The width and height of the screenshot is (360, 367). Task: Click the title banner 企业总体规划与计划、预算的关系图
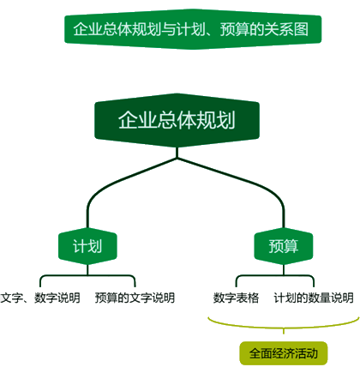[193, 29]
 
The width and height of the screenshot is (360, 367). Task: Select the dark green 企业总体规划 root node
[177, 120]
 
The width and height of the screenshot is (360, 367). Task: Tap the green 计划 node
[87, 246]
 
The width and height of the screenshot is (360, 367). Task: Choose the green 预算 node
[284, 246]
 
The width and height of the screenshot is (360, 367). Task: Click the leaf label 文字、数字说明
[40, 298]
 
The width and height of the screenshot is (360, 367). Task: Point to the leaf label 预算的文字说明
[135, 298]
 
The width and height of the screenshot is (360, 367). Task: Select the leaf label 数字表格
[236, 298]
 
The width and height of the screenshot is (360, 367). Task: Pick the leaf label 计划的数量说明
[314, 298]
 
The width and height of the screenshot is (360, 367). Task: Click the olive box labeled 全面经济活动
[284, 353]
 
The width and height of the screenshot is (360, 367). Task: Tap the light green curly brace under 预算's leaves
[284, 328]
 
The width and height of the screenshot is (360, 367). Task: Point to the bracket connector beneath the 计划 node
[87, 275]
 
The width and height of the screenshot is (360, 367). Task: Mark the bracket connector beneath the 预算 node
[284, 275]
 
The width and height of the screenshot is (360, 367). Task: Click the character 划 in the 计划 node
[95, 246]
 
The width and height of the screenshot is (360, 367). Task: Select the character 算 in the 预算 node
[291, 246]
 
